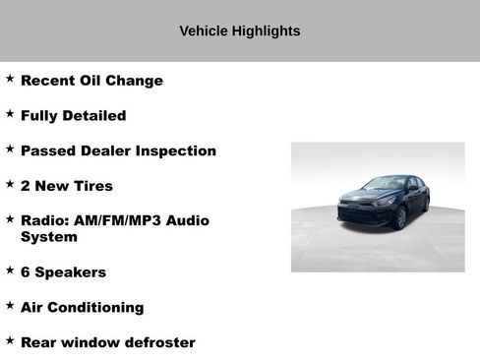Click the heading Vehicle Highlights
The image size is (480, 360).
point(239,31)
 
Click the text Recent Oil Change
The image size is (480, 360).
point(91,81)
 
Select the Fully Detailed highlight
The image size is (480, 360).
point(73,116)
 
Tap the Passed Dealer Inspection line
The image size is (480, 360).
point(118,151)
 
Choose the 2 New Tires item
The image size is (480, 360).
point(67,186)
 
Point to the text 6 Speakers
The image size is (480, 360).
point(63,272)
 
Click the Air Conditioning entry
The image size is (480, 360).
point(82,307)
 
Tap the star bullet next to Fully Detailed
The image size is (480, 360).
point(10,114)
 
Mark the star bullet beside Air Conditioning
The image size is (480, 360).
point(10,305)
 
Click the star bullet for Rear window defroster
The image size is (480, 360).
point(10,340)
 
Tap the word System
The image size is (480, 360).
point(49,237)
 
